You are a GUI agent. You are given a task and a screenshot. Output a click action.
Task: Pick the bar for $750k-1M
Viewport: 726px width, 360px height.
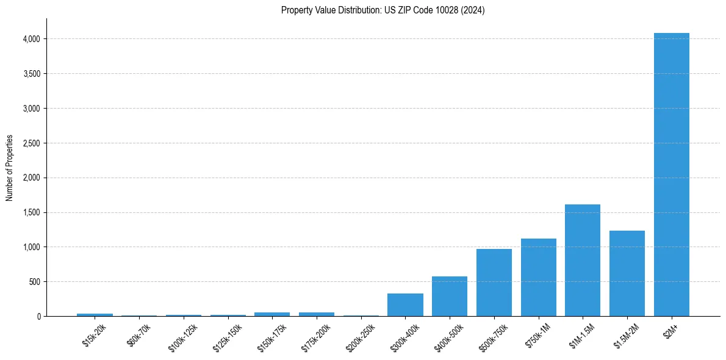pyautogui.click(x=538, y=278)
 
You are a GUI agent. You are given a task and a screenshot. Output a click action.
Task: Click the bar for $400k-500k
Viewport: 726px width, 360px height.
pyautogui.click(x=450, y=297)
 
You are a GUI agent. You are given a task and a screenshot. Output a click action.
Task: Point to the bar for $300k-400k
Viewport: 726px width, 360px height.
pyautogui.click(x=405, y=305)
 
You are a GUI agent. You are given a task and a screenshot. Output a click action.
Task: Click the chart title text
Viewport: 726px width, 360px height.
pyautogui.click(x=383, y=10)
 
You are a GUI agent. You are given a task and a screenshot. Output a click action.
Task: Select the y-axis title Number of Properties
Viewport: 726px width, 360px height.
pyautogui.click(x=10, y=168)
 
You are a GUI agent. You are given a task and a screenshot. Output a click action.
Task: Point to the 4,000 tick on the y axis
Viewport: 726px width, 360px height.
pyautogui.click(x=31, y=39)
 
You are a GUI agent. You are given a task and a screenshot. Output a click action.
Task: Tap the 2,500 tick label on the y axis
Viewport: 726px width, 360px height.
pyautogui.click(x=31, y=143)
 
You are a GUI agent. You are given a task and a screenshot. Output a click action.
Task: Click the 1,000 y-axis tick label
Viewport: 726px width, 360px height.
pyautogui.click(x=31, y=247)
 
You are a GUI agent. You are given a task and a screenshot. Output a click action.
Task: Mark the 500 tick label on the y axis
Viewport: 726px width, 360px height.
pyautogui.click(x=35, y=282)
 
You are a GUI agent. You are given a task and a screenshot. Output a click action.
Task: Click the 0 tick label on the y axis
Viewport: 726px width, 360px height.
pyautogui.click(x=38, y=317)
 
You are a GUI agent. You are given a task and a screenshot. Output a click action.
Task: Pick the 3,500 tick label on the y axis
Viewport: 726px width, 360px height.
pyautogui.click(x=31, y=74)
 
